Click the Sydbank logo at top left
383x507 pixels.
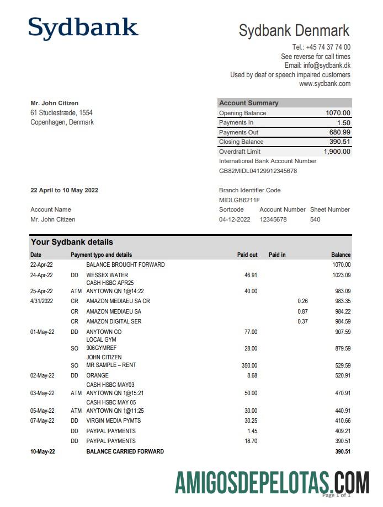83,28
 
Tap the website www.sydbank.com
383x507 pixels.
325,84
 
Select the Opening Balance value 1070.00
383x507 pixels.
338,113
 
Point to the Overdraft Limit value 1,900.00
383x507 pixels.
337,152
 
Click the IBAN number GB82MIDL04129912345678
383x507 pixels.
258,171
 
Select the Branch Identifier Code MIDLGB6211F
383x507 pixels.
239,200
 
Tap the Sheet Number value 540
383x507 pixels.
315,219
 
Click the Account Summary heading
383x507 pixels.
249,103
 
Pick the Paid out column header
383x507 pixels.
247,255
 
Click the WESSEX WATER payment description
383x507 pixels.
107,275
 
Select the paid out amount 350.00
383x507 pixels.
249,365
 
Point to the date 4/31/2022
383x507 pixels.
41,301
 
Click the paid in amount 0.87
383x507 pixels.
302,311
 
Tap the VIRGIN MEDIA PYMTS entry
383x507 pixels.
114,420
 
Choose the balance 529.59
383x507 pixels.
341,365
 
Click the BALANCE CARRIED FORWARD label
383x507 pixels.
125,451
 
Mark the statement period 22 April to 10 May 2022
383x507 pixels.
64,190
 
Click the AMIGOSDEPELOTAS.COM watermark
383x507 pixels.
272,483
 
